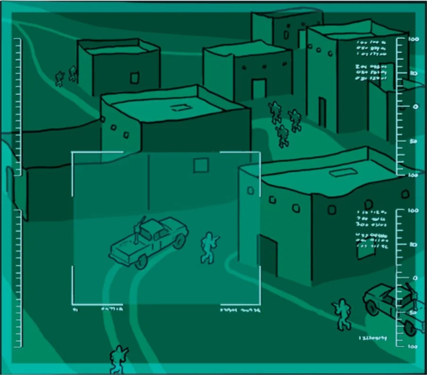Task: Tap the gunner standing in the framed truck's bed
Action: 139,231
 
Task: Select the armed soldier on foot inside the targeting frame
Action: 208,247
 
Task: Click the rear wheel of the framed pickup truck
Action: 140,262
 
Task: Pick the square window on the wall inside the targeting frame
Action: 201,165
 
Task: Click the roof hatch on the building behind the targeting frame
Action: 178,107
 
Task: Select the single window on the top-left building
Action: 134,77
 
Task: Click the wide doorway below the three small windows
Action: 259,89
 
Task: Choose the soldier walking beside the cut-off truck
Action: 343,314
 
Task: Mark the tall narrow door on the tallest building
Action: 322,112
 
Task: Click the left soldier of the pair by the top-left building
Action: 59,78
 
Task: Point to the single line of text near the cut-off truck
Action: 373,338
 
